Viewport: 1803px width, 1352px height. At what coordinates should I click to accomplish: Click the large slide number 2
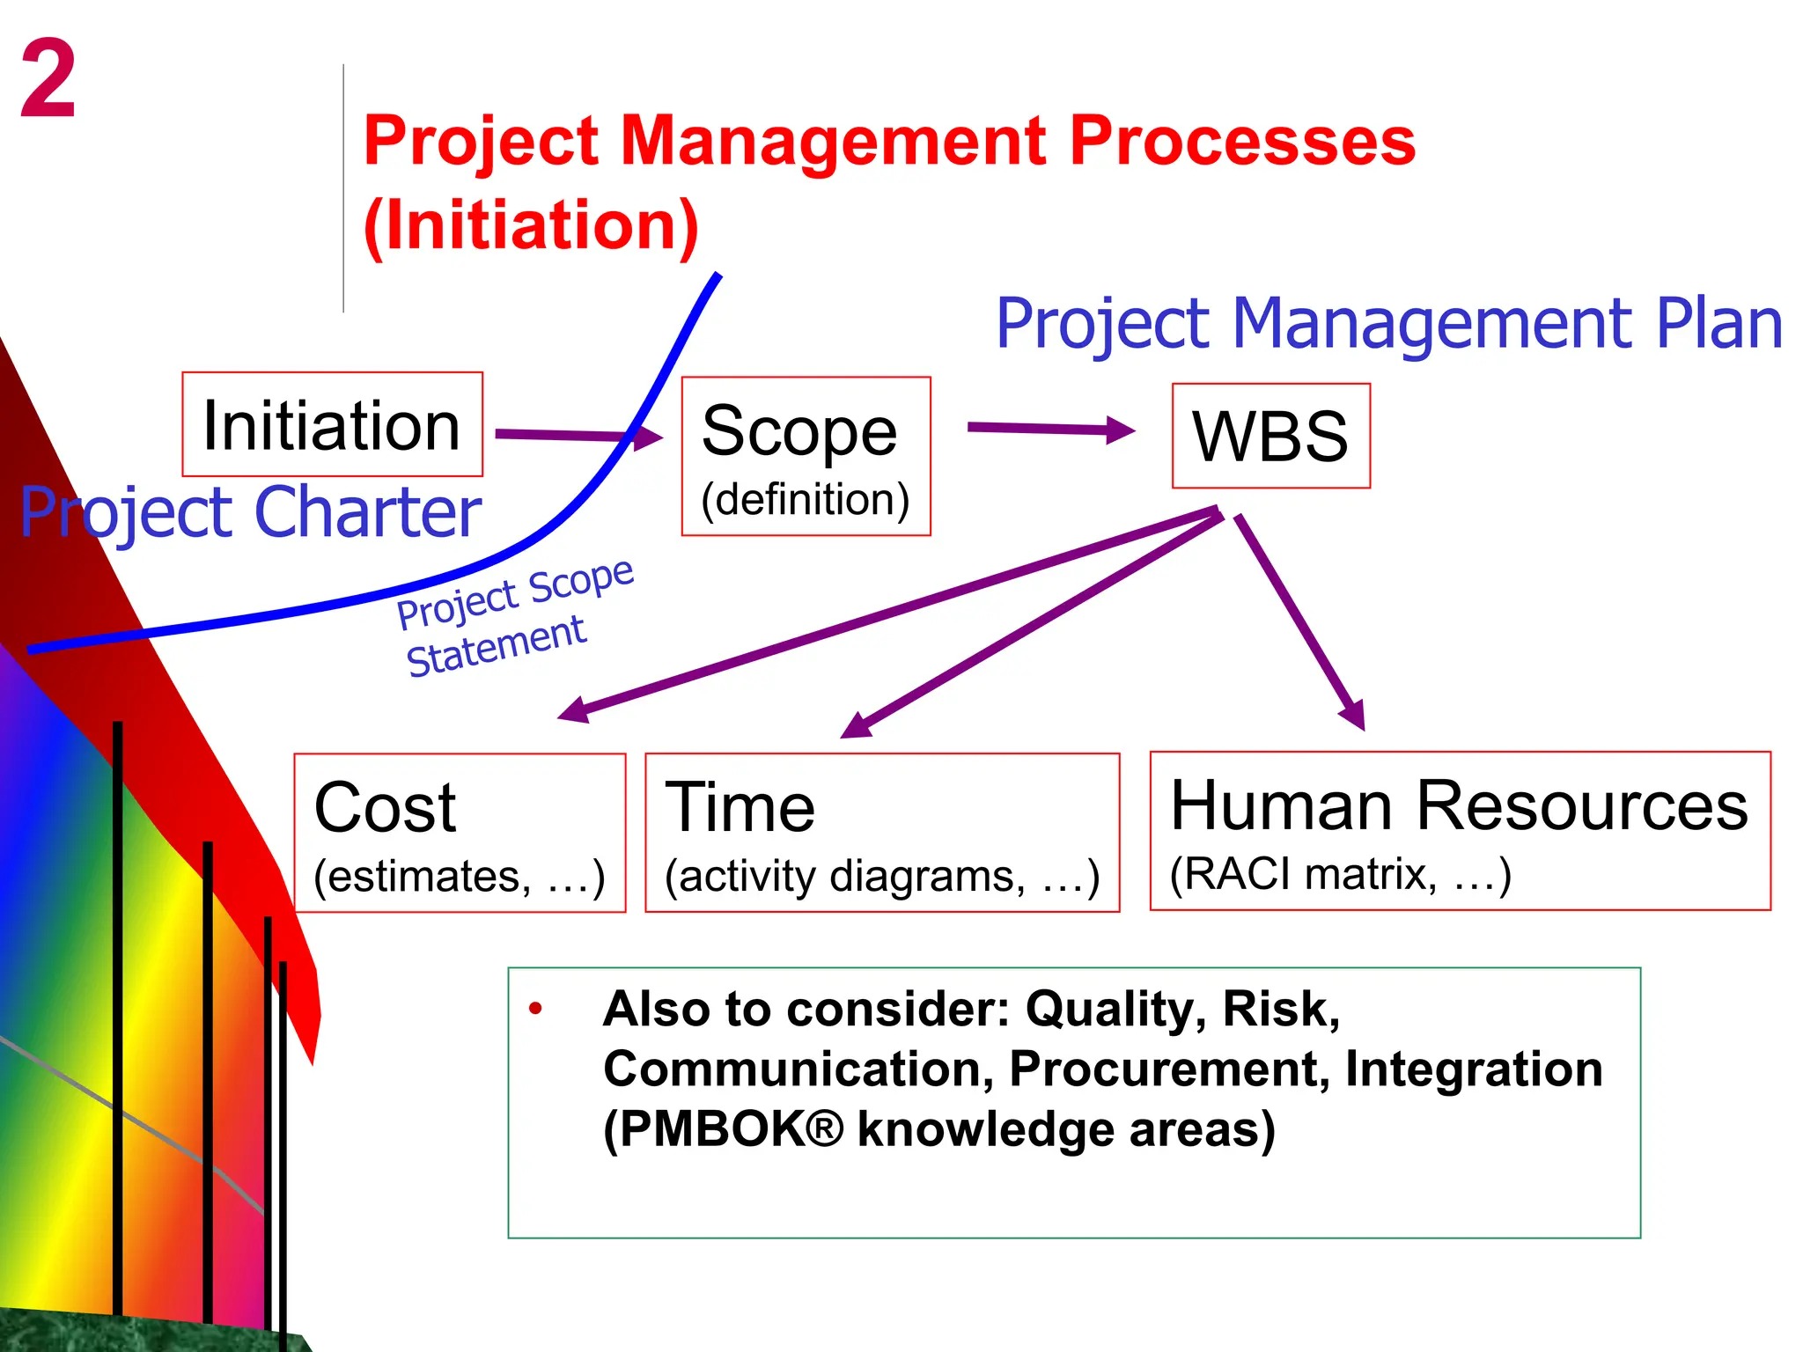pos(48,79)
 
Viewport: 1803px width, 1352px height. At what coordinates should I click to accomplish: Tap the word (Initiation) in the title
pos(531,225)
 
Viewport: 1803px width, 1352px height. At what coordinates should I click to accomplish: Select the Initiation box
pos(332,425)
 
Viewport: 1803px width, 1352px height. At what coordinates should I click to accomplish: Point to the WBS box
pos(1270,437)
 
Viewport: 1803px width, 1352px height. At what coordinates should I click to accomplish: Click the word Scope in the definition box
pos(799,431)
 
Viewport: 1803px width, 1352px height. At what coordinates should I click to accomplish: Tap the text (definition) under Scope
pos(805,499)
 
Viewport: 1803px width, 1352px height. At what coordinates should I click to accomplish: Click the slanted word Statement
pos(496,647)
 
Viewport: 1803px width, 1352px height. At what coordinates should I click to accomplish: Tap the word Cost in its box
pos(385,808)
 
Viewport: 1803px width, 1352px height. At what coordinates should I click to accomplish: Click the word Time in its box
pos(740,808)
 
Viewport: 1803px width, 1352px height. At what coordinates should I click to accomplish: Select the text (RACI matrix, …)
pos(1340,874)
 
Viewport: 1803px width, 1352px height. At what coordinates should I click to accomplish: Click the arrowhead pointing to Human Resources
pos(1355,715)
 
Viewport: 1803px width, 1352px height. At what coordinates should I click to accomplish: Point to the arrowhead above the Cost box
pos(573,710)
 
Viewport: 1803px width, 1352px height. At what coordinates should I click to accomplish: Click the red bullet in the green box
pos(535,1010)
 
